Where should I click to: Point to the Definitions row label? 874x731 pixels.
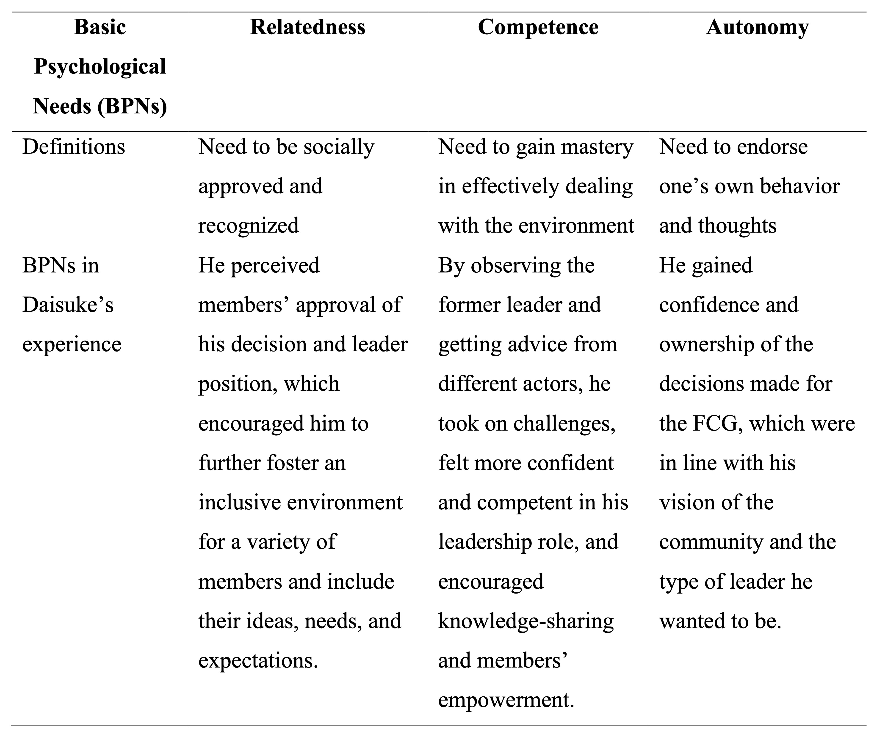74,147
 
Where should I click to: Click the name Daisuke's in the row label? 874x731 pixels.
68,305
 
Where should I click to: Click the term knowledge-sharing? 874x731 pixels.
526,621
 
